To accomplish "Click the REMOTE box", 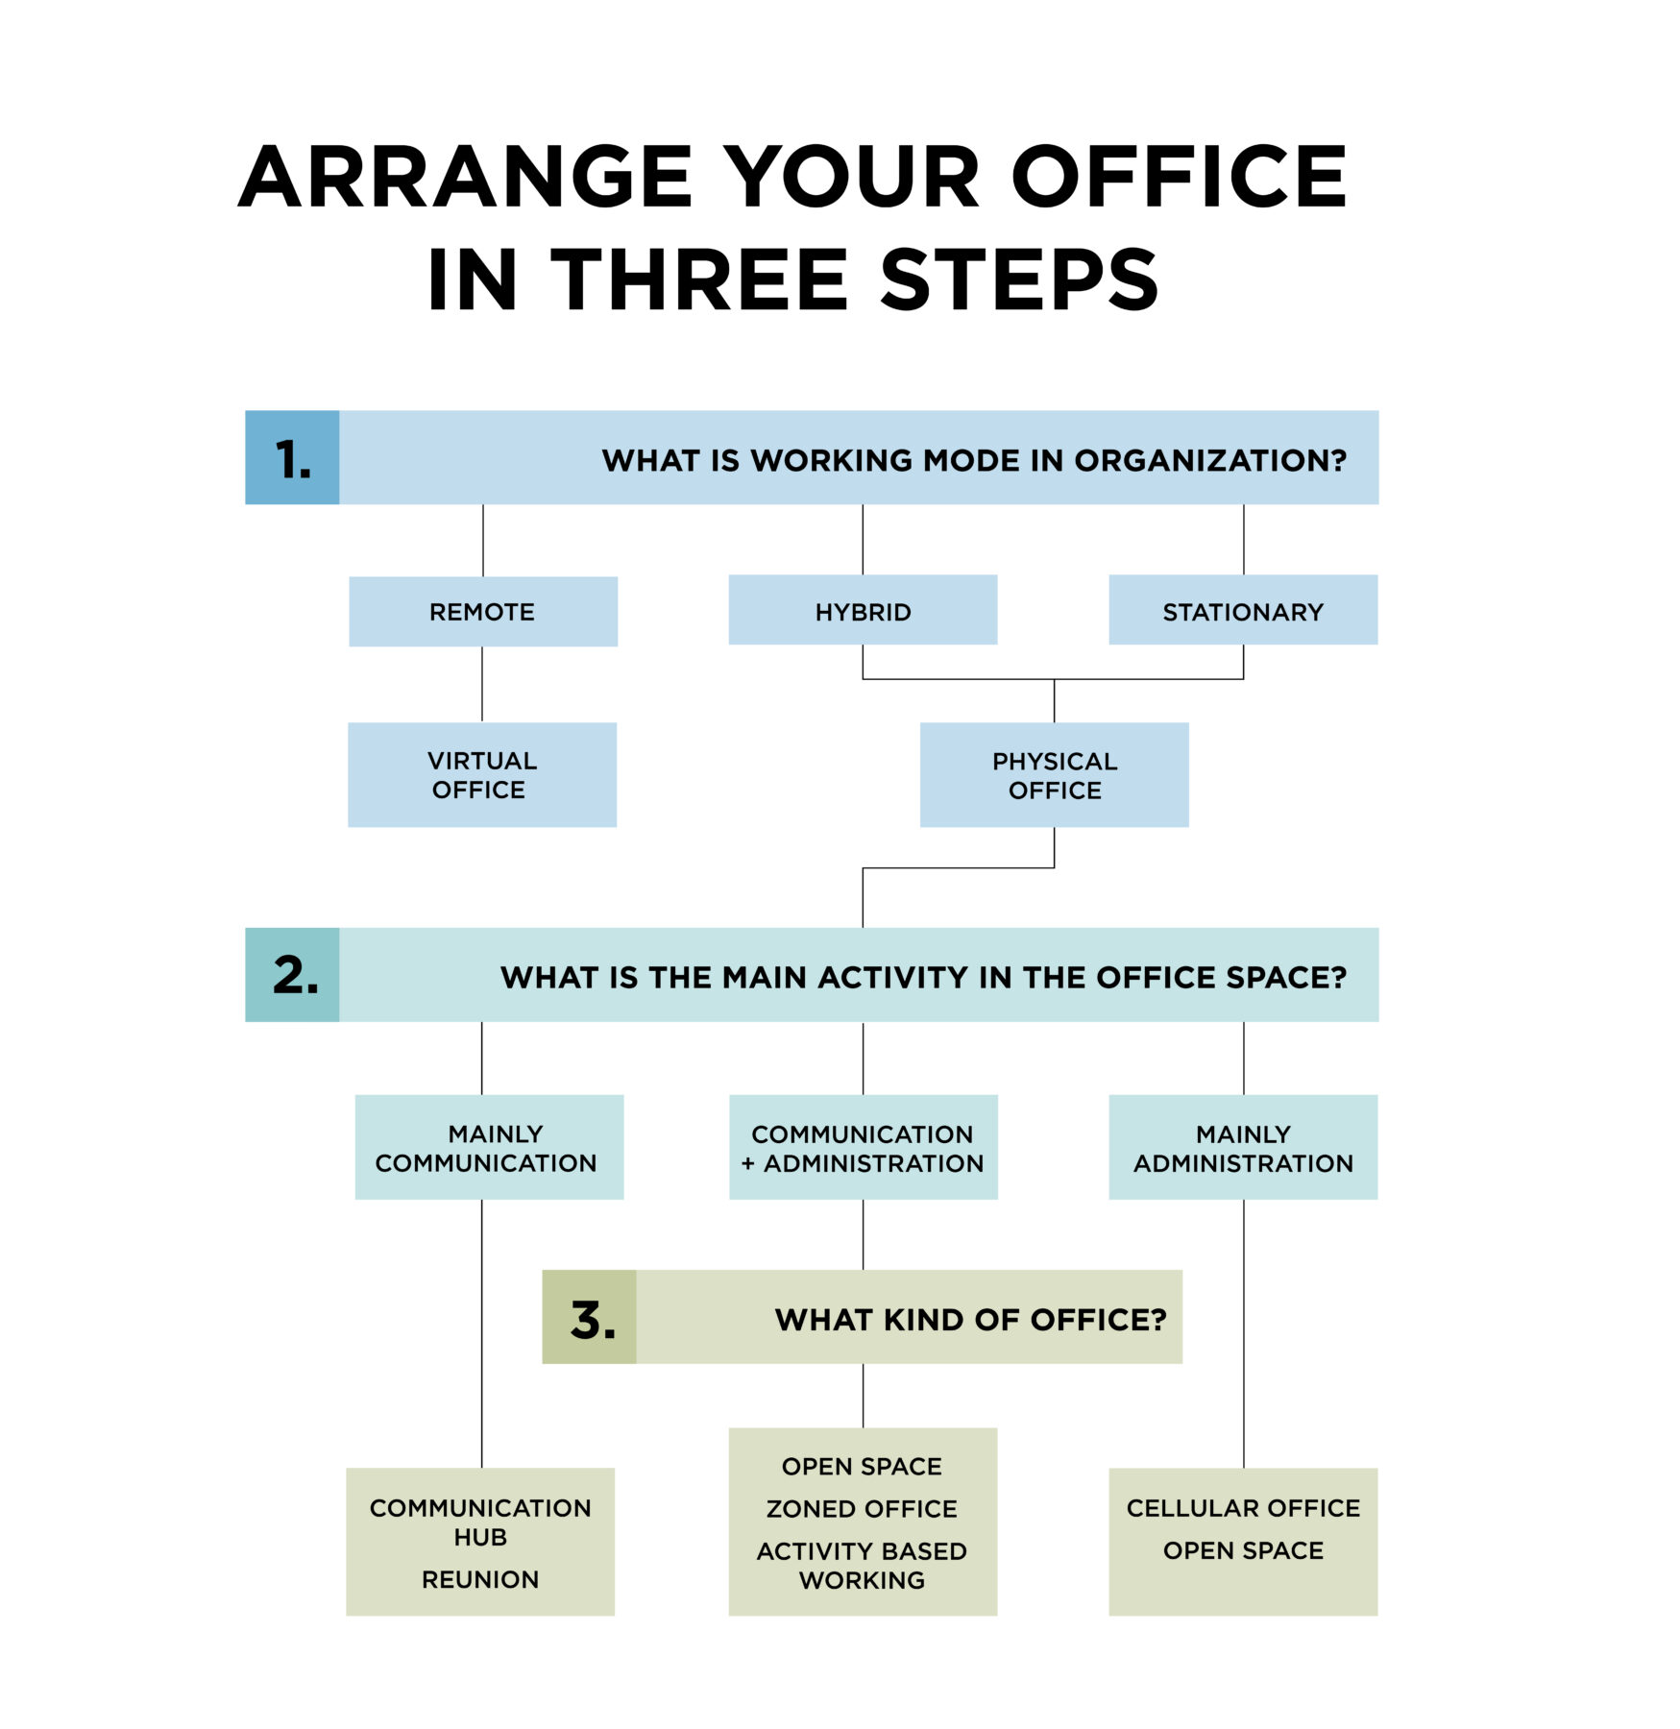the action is [x=482, y=611].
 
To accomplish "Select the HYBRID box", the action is [x=863, y=609].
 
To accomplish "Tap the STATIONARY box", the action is [x=1243, y=609].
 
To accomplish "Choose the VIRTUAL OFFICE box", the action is [x=482, y=774].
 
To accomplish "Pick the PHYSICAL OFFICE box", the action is [x=1054, y=774].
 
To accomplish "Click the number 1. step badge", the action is [x=292, y=457].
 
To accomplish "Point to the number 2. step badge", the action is [x=292, y=974].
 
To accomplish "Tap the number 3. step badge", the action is [x=589, y=1317].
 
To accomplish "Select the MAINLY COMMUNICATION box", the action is [x=489, y=1147].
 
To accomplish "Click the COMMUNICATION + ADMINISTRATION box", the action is [x=863, y=1147].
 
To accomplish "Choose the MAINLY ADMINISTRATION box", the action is [x=1243, y=1147].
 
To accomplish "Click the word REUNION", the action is [x=480, y=1579].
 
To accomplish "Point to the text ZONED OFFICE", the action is [x=862, y=1509].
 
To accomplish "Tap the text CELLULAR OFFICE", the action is [x=1243, y=1508].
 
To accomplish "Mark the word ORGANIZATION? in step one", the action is [x=1210, y=460].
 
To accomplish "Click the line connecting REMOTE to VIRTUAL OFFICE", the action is [x=482, y=684].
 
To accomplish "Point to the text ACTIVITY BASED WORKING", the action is [x=862, y=1566].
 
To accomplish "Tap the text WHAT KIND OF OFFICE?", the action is [x=970, y=1320].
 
